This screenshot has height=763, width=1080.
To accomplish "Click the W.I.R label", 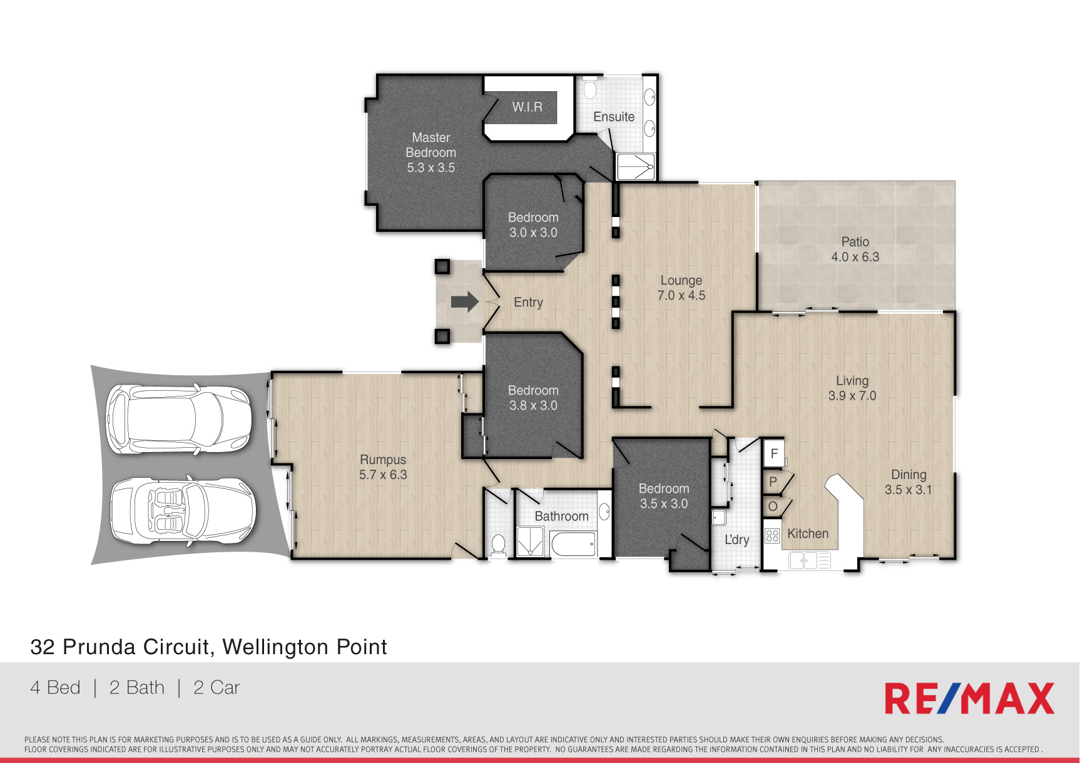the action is point(527,107).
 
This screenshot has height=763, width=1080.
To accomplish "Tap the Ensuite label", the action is point(614,117).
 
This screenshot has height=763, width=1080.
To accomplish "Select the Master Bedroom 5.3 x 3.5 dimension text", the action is point(431,168).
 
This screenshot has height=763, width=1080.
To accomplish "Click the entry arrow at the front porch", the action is point(465,302).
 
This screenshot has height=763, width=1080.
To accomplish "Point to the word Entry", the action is point(528,302).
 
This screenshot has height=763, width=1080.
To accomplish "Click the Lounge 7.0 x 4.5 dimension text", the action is point(681,295).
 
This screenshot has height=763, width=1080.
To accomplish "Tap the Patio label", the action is point(855,242).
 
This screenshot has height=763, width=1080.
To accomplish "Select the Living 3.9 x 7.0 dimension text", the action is point(852,396).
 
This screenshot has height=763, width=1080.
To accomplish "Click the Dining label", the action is point(909,475).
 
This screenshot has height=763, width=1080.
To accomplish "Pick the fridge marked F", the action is point(773,453).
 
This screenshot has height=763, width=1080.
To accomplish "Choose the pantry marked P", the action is point(773,482).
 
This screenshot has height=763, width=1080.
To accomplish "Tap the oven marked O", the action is point(773,507).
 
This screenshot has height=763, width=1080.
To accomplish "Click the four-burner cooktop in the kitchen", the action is point(772,535).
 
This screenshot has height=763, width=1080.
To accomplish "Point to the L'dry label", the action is point(736,540).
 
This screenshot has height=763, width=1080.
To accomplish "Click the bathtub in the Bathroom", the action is point(573,544).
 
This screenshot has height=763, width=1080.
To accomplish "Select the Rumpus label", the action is point(383,460).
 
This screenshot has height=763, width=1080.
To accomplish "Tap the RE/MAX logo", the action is point(969,699).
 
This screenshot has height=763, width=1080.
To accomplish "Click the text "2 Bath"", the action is point(136,687).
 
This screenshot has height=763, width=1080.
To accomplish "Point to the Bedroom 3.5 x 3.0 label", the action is point(664,496).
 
